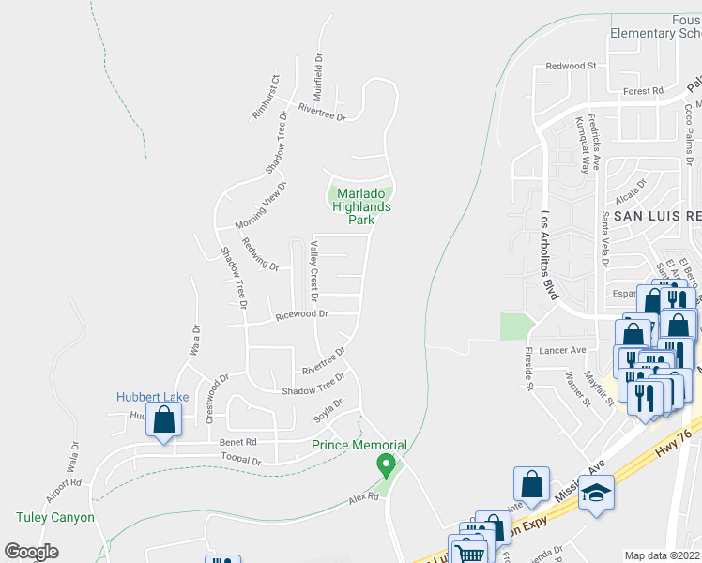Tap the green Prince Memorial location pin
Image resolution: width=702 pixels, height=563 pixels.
(x=384, y=464)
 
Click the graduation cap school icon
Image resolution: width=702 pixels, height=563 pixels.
(x=595, y=494)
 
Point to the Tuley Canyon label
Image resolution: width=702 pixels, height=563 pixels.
(x=55, y=517)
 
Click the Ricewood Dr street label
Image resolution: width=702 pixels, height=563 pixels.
(x=301, y=316)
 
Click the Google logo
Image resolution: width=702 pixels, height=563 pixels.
(x=31, y=552)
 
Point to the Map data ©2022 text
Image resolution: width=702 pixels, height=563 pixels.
(x=663, y=555)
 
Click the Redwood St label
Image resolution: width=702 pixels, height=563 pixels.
(x=572, y=67)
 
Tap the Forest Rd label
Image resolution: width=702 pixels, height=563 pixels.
(x=643, y=91)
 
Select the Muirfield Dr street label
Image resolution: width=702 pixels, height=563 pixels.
(x=319, y=76)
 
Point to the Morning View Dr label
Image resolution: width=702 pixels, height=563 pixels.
(x=259, y=205)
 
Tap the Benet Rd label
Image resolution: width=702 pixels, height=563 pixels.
(x=237, y=442)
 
